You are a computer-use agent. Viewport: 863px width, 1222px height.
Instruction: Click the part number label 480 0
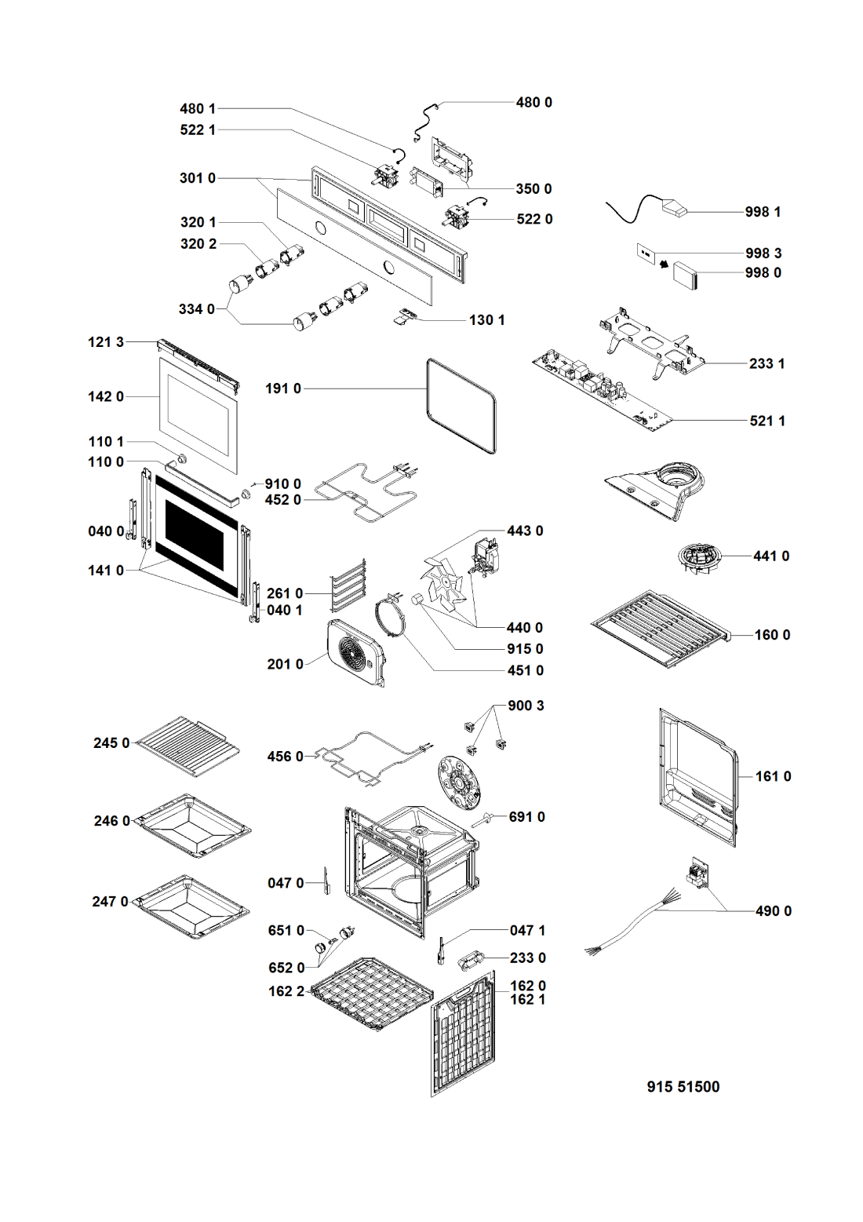pyautogui.click(x=533, y=103)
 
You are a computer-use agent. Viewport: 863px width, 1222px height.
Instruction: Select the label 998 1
pyautogui.click(x=763, y=212)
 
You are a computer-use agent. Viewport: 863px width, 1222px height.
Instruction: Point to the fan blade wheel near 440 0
pyautogui.click(x=442, y=584)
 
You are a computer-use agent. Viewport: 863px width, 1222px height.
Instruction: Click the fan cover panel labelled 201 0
pyautogui.click(x=356, y=652)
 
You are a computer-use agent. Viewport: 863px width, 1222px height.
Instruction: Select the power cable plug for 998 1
pyautogui.click(x=674, y=207)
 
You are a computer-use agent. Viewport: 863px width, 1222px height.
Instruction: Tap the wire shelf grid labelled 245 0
pyautogui.click(x=189, y=745)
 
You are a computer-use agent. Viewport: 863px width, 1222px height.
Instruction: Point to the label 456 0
pyautogui.click(x=285, y=757)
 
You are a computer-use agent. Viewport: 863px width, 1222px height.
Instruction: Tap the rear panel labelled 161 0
pyautogui.click(x=697, y=777)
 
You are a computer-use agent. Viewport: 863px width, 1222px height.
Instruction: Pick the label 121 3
pyautogui.click(x=106, y=342)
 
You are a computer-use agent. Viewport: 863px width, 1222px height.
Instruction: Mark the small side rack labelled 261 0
pyautogui.click(x=348, y=585)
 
